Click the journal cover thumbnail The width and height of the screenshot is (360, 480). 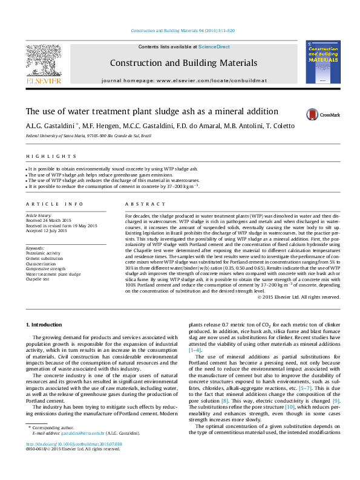click(x=326, y=62)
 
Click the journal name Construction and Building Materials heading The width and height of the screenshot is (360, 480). click(x=183, y=63)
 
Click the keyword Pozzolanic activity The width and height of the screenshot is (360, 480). click(x=43, y=253)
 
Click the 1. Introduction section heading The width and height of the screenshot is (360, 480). click(x=46, y=325)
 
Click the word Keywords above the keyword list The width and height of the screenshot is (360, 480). click(x=36, y=248)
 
